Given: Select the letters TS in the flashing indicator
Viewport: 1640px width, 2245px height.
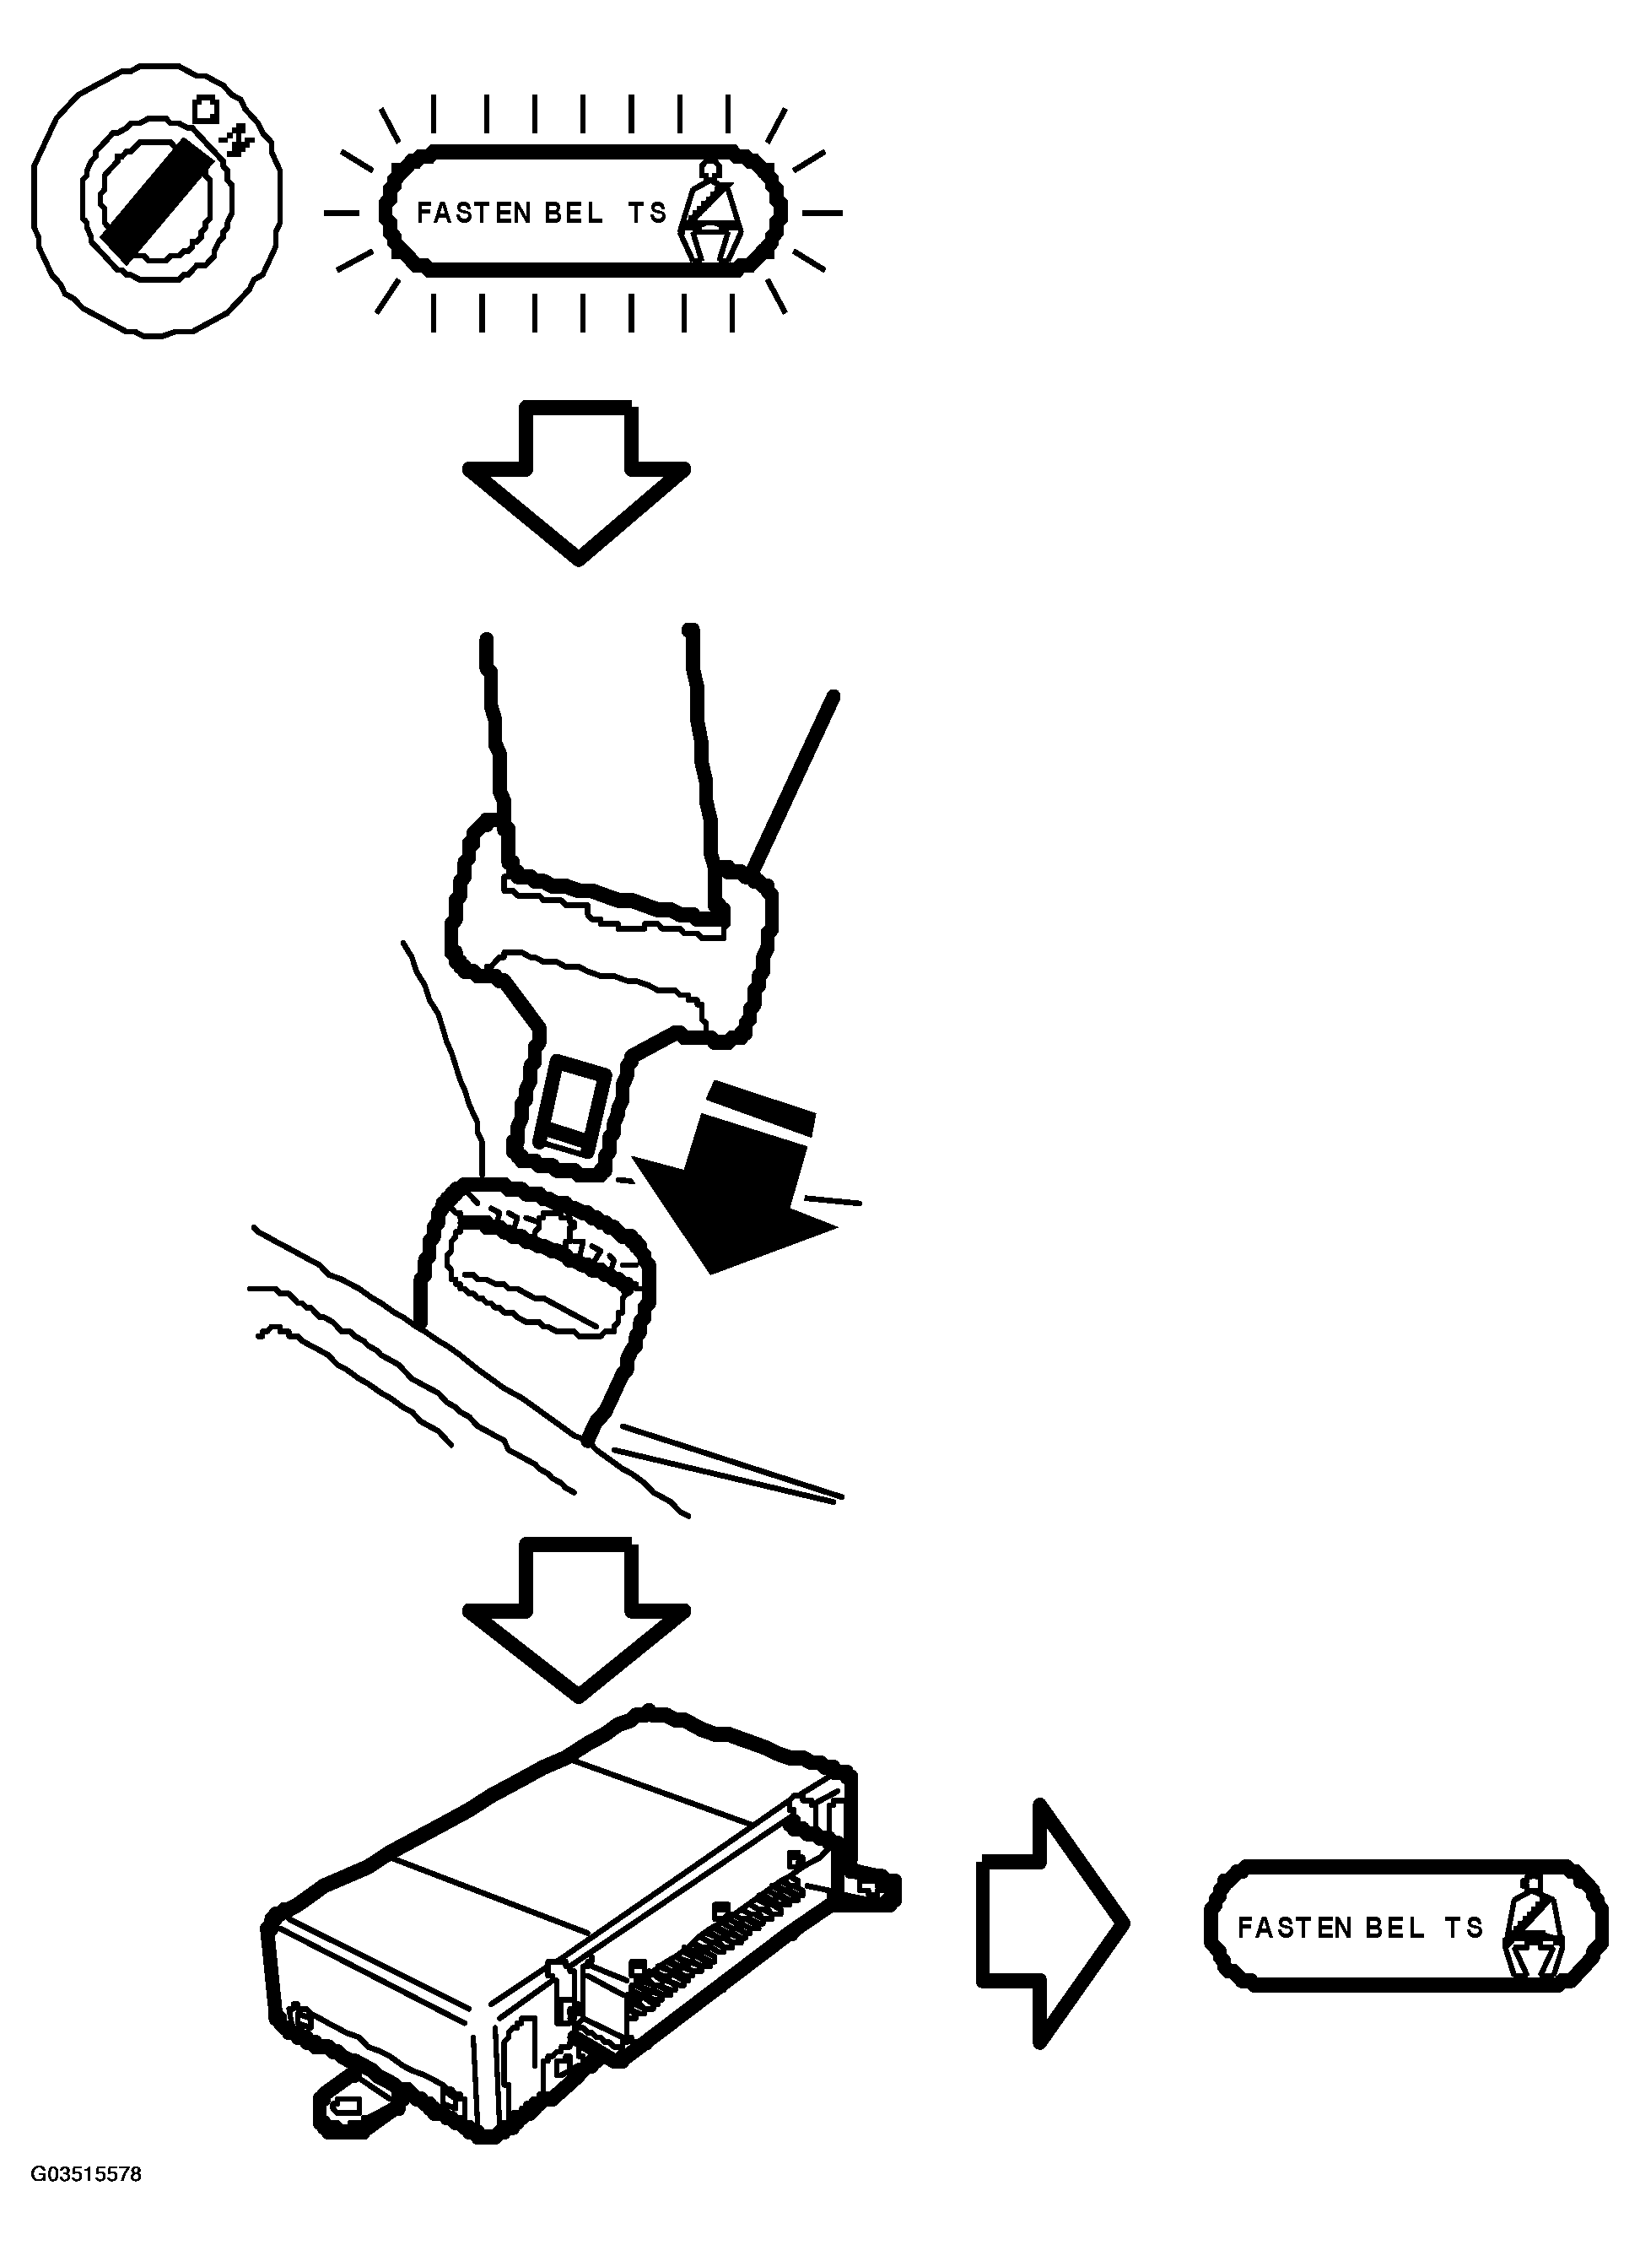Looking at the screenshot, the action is pyautogui.click(x=646, y=213).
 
